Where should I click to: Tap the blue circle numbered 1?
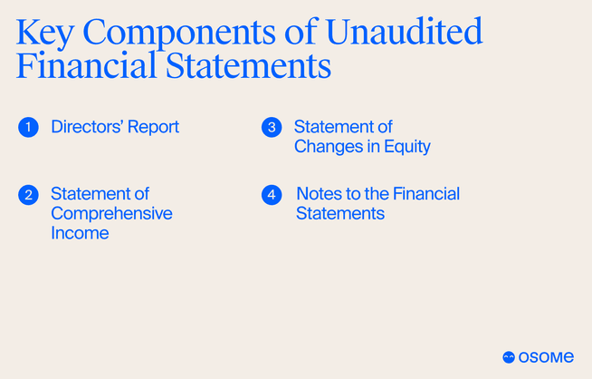pos(28,127)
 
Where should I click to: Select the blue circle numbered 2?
pos(28,194)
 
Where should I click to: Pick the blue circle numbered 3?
pos(272,127)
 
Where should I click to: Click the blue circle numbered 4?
pos(272,194)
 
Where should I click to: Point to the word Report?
pos(155,127)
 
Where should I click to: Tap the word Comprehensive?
pos(111,213)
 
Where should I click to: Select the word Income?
pos(80,233)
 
